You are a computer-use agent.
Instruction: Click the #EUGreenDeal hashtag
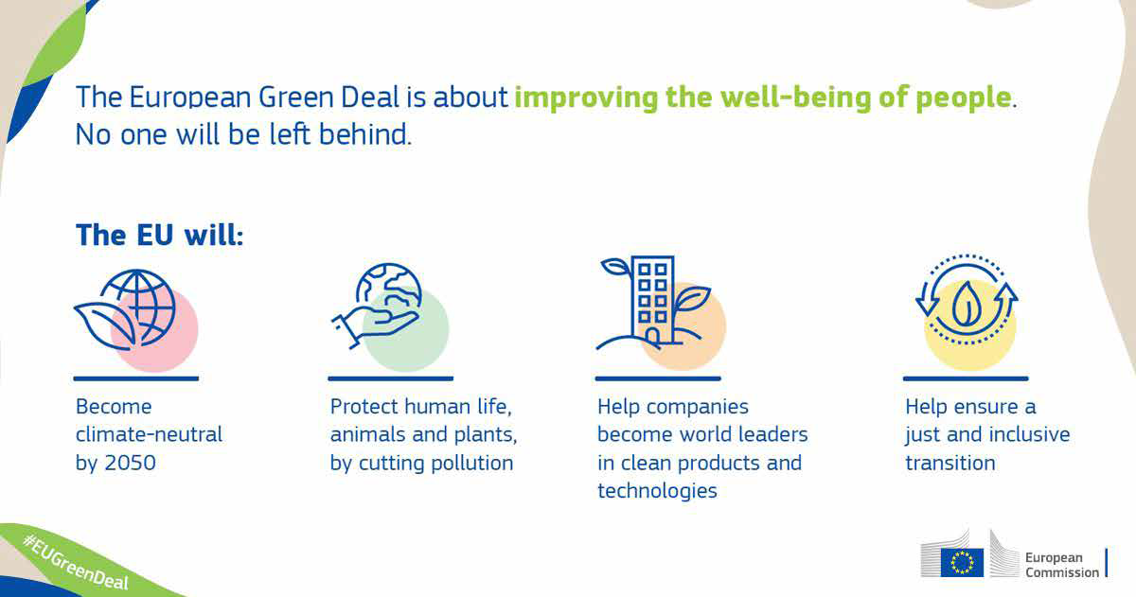[75, 563]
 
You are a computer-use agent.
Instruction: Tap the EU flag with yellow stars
[962, 563]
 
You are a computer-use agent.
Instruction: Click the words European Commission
[1062, 565]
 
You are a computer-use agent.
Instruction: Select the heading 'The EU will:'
[160, 236]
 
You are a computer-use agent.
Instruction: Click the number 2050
[131, 463]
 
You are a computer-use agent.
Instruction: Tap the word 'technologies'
[657, 492]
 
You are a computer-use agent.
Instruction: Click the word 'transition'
[950, 463]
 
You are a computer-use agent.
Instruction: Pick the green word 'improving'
[586, 97]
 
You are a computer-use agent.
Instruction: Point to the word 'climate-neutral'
[150, 434]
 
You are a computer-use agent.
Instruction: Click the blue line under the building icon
[658, 378]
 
